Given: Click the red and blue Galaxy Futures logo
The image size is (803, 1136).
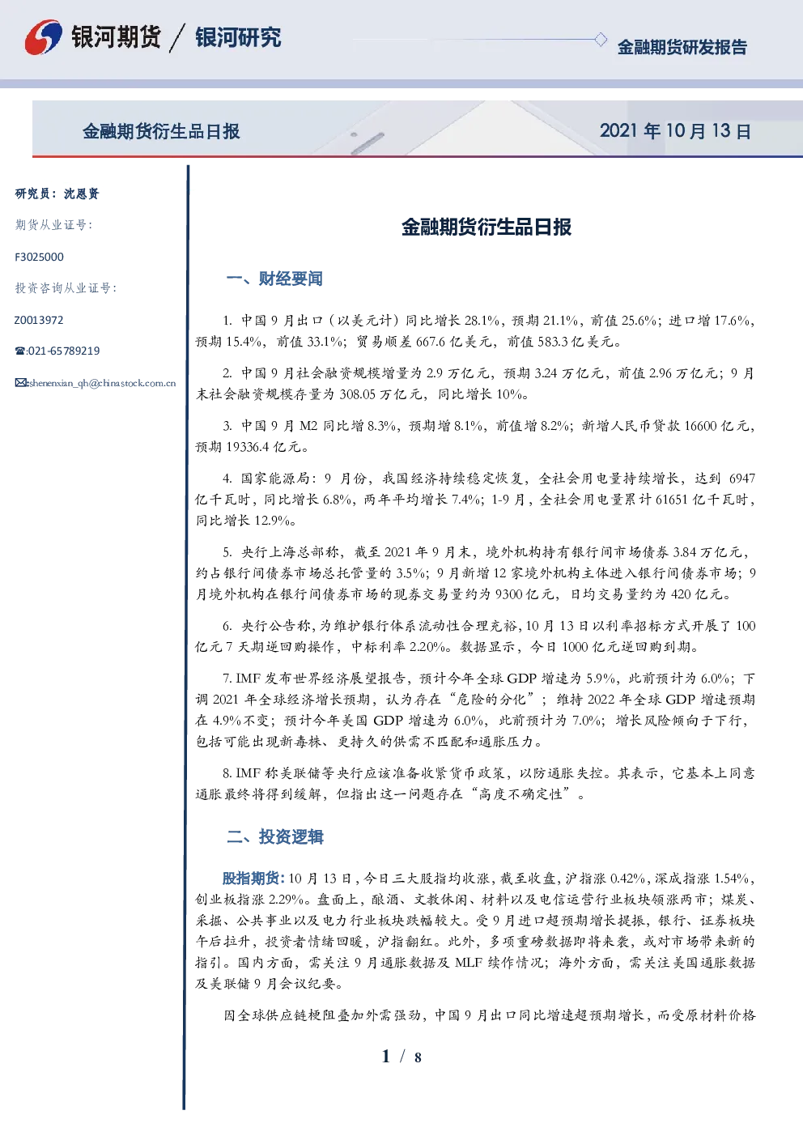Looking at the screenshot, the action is (43, 37).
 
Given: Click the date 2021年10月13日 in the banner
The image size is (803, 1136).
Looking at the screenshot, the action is (675, 131).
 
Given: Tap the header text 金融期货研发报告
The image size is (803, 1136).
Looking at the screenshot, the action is (682, 47).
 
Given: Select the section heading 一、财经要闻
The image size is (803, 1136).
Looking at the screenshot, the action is (274, 279).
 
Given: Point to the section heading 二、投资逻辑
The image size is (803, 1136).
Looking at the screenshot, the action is (274, 836).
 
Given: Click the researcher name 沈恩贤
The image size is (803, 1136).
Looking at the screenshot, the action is (81, 194).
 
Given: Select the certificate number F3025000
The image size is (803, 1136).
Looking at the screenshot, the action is (39, 257).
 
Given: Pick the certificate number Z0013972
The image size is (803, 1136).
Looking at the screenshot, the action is (39, 320).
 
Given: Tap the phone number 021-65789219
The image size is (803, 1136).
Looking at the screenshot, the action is (63, 351).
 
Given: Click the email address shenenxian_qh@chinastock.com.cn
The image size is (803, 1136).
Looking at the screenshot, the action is (102, 383).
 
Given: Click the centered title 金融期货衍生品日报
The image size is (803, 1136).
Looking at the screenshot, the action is (486, 227).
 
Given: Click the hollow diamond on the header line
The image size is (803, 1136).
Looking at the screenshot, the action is (600, 40).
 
